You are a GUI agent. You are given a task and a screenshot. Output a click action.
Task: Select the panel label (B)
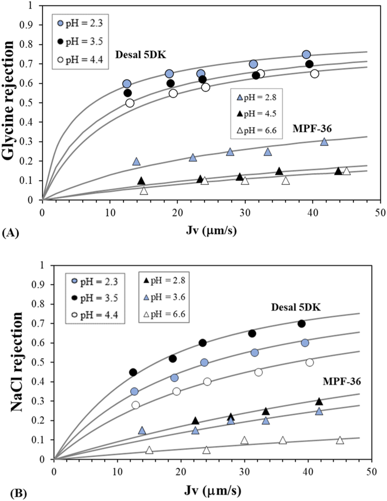[x=11, y=492]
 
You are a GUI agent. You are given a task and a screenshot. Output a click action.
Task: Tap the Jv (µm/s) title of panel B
[x=212, y=491]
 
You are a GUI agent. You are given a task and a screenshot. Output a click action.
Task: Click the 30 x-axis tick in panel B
[x=244, y=471]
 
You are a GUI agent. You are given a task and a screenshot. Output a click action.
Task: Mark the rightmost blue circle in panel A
[x=306, y=55]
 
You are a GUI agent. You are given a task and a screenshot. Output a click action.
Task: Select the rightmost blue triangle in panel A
[x=325, y=142]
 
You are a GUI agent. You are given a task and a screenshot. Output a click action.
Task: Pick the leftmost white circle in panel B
[x=136, y=405]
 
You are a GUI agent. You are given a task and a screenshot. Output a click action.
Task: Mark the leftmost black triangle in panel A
[x=141, y=181]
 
